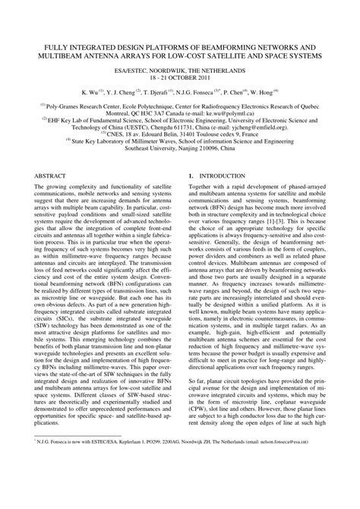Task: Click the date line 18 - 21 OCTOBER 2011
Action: [179, 78]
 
